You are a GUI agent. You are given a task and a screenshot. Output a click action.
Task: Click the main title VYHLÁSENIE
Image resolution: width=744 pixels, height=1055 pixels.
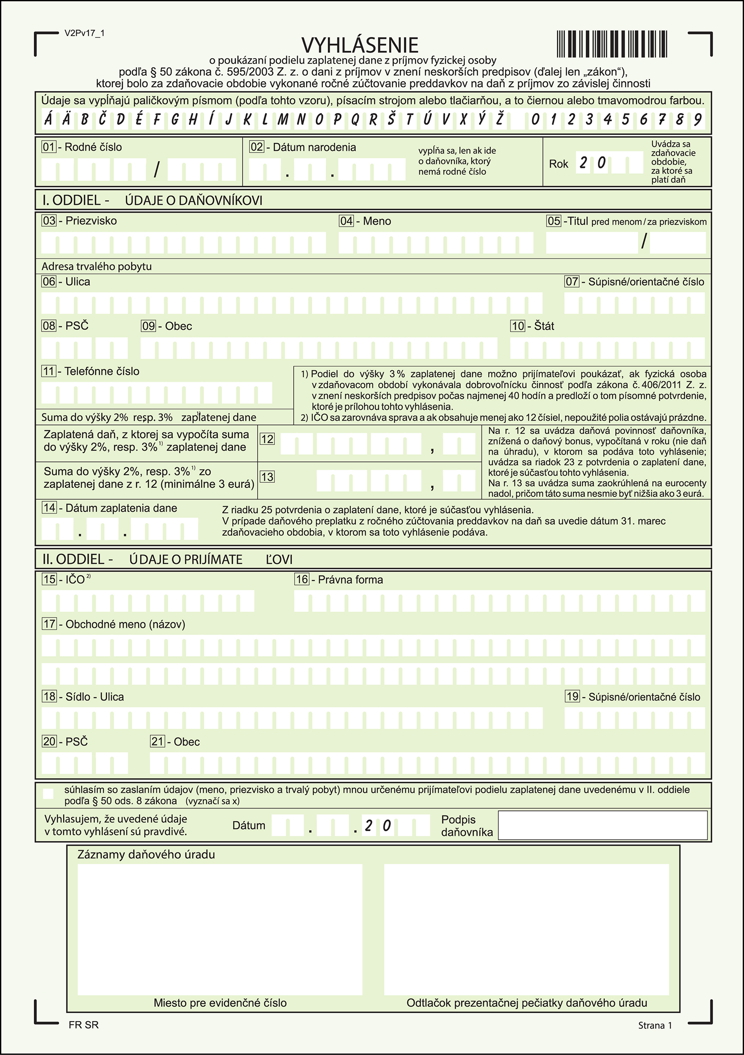(x=359, y=45)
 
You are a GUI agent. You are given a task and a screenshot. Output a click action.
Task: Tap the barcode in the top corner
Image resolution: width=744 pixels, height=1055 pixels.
(x=611, y=44)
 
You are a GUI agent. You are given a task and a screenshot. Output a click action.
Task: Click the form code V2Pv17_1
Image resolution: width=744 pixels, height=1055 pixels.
(x=85, y=33)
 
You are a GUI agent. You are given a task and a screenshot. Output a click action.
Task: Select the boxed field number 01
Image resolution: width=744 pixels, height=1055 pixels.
(x=48, y=147)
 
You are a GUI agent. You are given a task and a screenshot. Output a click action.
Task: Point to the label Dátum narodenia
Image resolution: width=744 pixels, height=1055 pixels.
(x=314, y=147)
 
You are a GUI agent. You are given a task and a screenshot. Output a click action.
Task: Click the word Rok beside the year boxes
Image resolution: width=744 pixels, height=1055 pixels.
(x=558, y=164)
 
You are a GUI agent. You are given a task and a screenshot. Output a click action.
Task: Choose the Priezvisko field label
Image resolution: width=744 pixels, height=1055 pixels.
(x=91, y=221)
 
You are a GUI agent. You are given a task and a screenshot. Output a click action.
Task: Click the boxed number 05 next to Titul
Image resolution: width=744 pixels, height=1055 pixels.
(x=554, y=221)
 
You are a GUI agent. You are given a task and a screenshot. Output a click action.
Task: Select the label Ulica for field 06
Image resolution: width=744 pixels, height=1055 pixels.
(x=78, y=282)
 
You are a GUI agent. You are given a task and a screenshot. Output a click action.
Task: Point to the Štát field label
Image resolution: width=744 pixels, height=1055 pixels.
(x=544, y=326)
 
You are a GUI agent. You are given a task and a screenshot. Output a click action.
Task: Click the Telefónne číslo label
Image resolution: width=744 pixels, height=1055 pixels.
(x=101, y=371)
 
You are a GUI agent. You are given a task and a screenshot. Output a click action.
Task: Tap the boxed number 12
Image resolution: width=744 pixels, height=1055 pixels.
(x=267, y=439)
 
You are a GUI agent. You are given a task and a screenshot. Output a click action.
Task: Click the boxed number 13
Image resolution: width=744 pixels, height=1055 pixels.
(x=267, y=477)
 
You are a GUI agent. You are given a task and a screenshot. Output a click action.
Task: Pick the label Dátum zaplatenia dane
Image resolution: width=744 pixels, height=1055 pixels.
(x=121, y=508)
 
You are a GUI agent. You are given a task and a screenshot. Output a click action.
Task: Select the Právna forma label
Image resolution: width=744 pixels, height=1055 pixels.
(x=350, y=580)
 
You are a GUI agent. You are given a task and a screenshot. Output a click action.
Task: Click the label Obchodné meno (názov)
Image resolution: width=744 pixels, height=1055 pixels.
(x=125, y=624)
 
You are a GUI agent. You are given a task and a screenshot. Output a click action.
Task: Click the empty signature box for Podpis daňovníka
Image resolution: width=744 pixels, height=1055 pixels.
(x=602, y=825)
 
